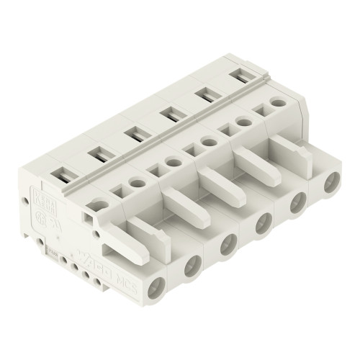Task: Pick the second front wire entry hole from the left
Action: [x=192, y=268]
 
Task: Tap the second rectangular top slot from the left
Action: [x=96, y=153]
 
